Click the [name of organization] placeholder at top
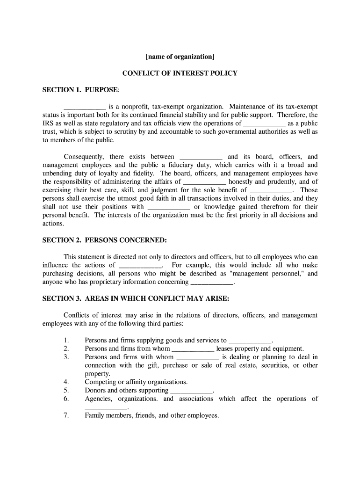180,57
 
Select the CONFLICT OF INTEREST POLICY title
180,73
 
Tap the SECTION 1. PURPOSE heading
81,89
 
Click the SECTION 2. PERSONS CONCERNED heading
104,240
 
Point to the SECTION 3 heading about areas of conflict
136,298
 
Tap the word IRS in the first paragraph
48,123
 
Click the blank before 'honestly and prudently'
205,182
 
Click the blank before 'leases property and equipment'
193,349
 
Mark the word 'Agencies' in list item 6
99,399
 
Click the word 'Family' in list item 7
95,415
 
